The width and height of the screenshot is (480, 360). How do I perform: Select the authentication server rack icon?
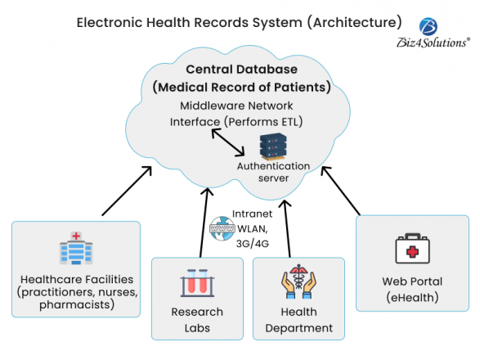click(x=273, y=146)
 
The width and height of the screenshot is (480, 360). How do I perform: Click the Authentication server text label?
click(x=273, y=172)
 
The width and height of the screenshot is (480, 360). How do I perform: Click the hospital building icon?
click(x=76, y=249)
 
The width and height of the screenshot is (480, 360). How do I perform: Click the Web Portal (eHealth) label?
click(x=412, y=289)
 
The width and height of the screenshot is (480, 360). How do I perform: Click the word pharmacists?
click(x=75, y=305)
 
